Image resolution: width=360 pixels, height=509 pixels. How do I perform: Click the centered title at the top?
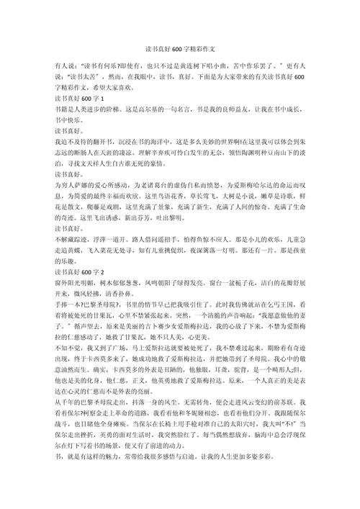coord(180,45)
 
